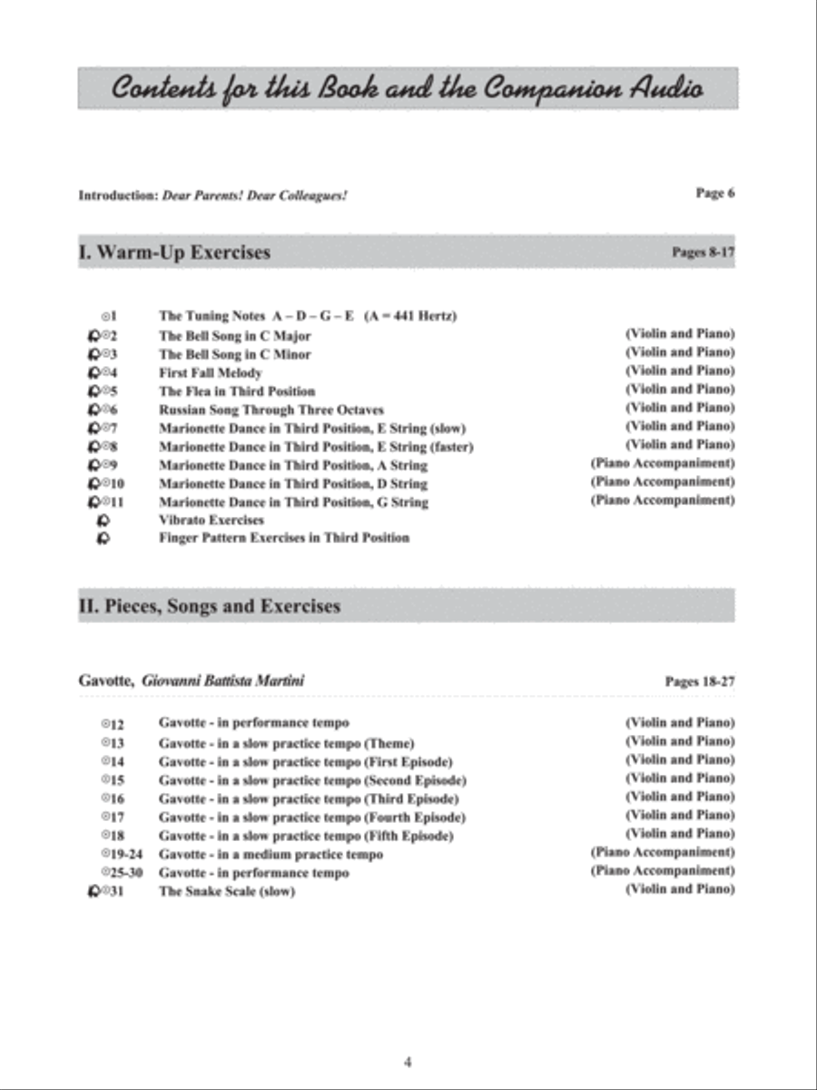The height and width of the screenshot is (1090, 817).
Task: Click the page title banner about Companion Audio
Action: point(408,89)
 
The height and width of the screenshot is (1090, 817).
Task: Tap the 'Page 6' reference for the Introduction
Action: point(714,193)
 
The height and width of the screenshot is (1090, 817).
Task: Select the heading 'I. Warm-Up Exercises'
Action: point(174,252)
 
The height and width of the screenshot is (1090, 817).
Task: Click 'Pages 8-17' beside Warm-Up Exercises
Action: point(703,253)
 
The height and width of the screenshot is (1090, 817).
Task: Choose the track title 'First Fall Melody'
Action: point(211,372)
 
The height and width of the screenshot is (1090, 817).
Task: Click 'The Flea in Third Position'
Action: point(237,391)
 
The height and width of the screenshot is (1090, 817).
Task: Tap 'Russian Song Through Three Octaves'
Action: point(271,410)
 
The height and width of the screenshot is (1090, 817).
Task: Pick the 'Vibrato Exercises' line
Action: point(212,520)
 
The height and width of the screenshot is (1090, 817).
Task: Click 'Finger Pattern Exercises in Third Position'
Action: point(283,538)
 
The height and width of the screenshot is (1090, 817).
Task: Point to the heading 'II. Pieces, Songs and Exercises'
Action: point(210,606)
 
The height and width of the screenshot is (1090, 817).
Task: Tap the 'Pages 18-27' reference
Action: point(699,680)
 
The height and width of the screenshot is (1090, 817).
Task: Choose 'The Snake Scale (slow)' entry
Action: point(227,891)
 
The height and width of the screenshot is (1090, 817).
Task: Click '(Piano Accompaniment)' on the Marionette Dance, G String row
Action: point(662,500)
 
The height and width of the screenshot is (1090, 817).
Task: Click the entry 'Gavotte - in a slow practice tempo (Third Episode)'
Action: point(308,798)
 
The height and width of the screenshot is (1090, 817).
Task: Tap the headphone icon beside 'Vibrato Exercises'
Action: point(103,520)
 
